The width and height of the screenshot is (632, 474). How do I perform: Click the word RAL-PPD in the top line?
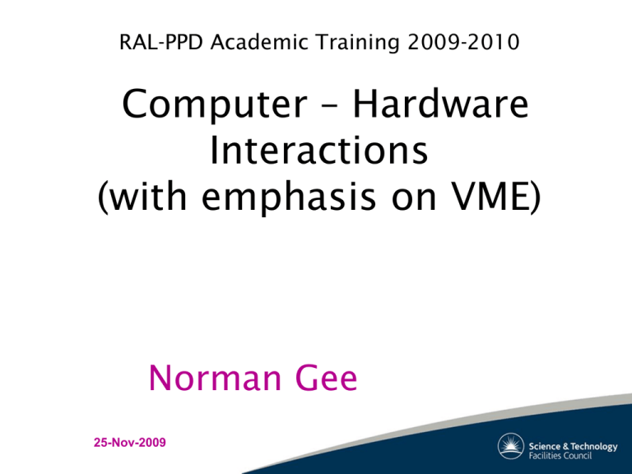click(160, 42)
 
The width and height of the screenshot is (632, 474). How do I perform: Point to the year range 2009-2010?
click(463, 42)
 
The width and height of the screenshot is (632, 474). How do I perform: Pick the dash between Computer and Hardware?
click(330, 106)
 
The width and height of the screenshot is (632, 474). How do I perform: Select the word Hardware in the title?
click(440, 103)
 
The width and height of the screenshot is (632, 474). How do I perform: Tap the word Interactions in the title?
click(318, 150)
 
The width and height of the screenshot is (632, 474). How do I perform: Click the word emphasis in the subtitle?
click(288, 197)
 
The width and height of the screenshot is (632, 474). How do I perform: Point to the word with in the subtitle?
click(147, 196)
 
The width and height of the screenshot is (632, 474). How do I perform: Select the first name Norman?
click(215, 377)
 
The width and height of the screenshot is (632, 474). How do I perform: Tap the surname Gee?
click(327, 377)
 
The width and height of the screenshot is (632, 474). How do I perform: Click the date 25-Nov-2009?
click(130, 443)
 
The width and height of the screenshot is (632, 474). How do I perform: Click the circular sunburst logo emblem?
click(511, 446)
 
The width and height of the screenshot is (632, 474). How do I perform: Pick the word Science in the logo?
click(545, 446)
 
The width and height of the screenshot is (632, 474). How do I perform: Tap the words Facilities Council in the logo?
click(560, 456)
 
